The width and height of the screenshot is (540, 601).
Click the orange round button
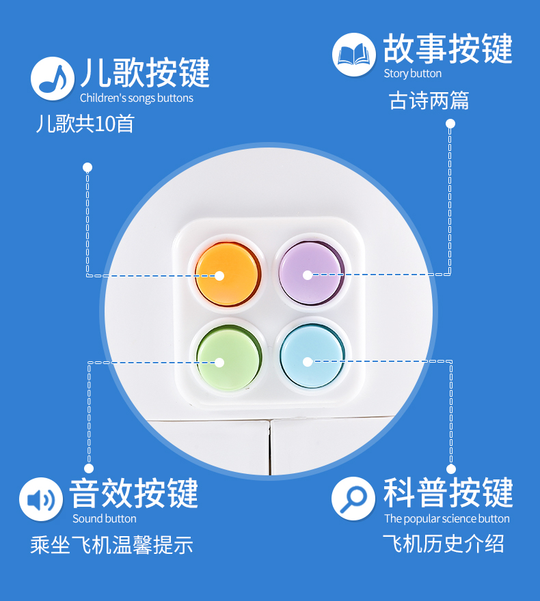pos(227,275)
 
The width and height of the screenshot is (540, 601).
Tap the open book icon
pos(353,55)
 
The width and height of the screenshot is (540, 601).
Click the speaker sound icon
pos(41,499)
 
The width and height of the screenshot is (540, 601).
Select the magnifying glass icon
pos(353,499)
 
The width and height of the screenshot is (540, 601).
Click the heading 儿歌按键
pos(144,73)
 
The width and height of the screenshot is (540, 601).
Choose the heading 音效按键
pos(134,493)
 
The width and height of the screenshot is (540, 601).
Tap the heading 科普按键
pos(448,492)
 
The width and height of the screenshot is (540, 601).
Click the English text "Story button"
pos(412,74)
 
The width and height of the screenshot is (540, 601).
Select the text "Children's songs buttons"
pos(136,98)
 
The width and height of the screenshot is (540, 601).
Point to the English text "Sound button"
pos(105,518)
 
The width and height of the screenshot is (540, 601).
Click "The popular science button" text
pos(447,518)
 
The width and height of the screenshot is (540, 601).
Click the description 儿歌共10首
pos(85,124)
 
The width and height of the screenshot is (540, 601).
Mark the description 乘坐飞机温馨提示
pos(111,545)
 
